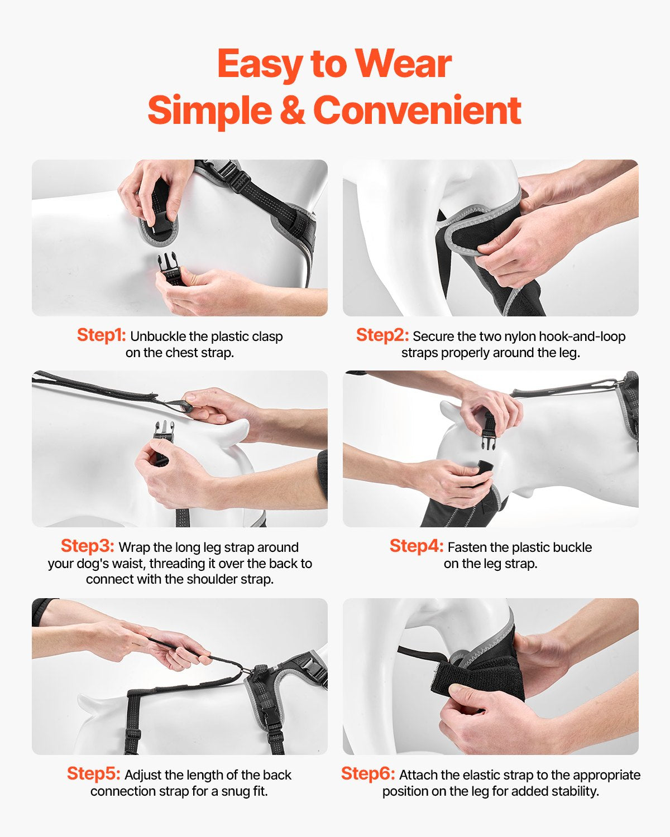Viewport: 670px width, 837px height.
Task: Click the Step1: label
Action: [101, 335]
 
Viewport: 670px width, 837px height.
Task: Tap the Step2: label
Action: [382, 335]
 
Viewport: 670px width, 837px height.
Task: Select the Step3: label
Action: [87, 546]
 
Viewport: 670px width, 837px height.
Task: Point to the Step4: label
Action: [417, 546]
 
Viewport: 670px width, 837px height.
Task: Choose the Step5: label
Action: [93, 773]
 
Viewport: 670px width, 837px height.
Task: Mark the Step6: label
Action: [368, 773]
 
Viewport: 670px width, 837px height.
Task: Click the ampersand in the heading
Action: [293, 110]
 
